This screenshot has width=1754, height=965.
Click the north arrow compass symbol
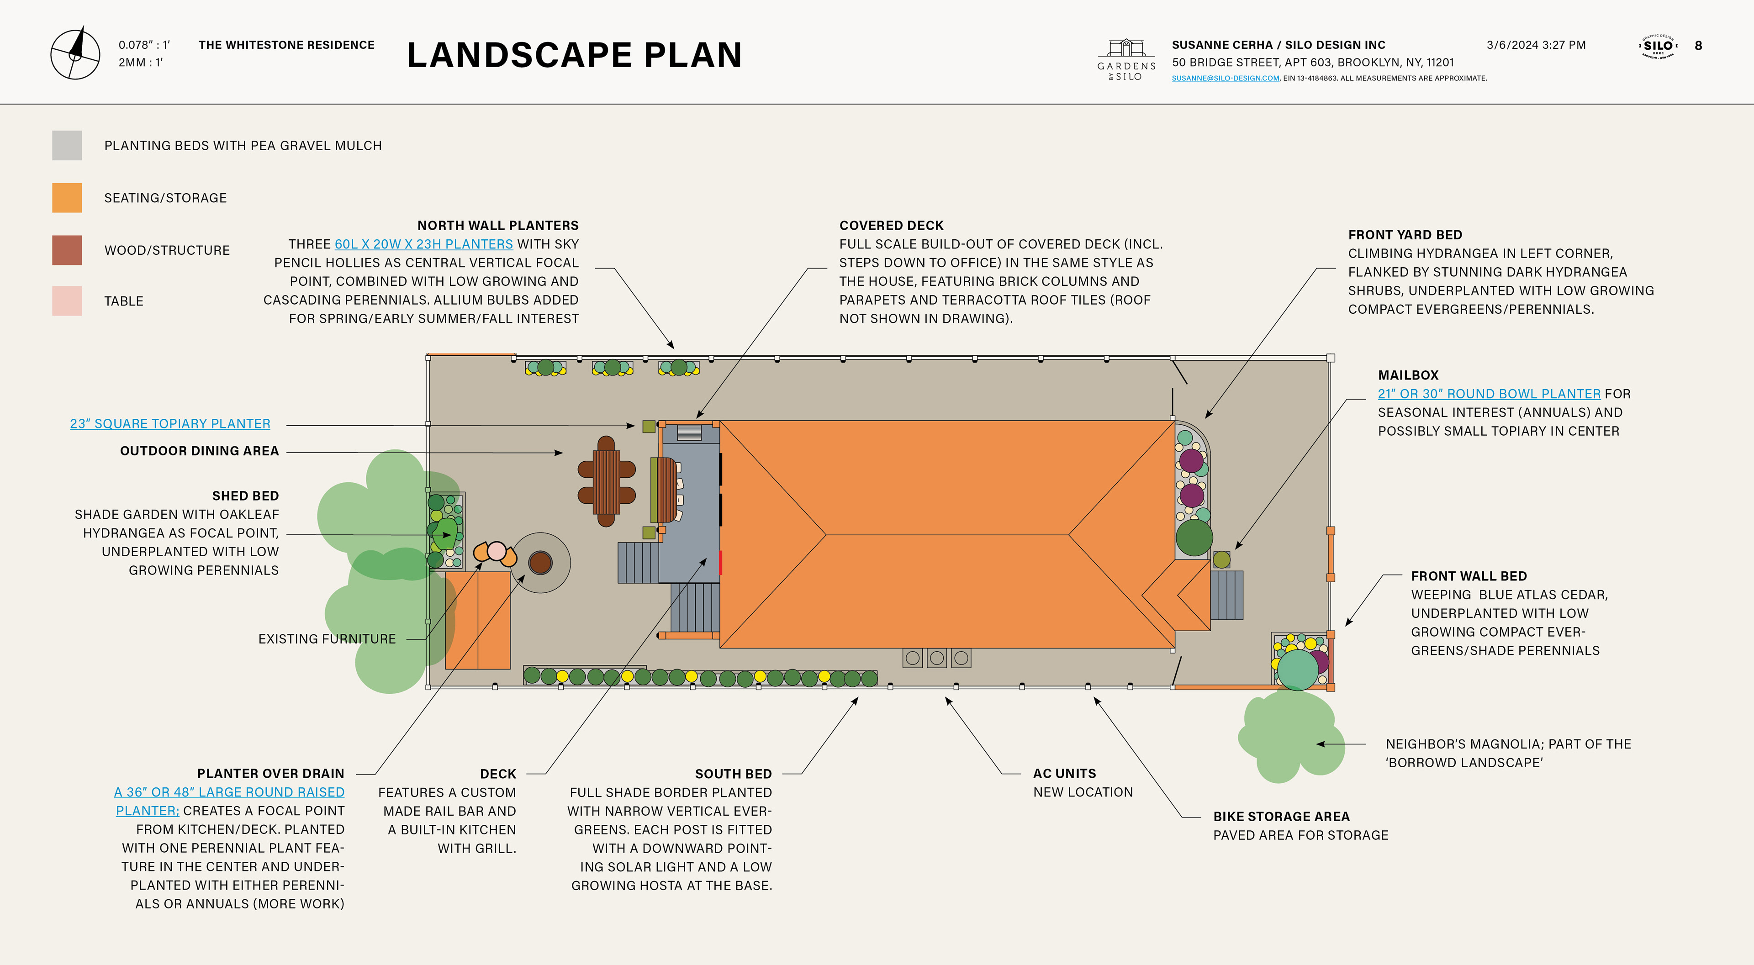75,54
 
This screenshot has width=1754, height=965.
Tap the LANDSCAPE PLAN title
574,55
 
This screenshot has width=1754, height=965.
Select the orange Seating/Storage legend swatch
67,197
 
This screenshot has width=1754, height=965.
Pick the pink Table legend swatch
67,301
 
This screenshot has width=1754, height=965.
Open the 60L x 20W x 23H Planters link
423,244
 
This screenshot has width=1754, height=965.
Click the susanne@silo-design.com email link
1225,78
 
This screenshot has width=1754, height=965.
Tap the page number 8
1698,46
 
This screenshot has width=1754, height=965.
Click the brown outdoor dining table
606,481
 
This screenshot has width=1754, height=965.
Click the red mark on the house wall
720,563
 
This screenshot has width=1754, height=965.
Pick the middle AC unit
937,658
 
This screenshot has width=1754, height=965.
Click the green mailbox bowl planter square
1221,560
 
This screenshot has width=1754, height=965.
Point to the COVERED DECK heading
891,226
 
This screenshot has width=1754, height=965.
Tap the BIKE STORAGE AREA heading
1281,817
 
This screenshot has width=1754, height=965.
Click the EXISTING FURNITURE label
327,639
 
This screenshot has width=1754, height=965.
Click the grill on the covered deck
689,433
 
